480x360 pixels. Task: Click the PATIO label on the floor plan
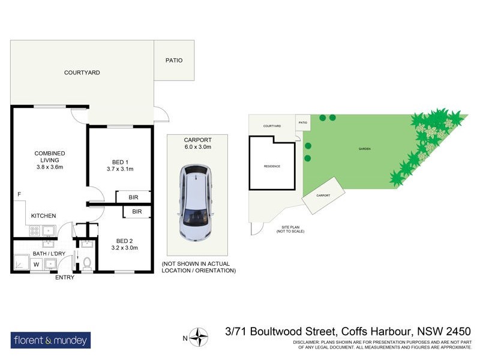coord(174,61)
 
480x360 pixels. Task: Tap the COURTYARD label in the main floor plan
coord(82,73)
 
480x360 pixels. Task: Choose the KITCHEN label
coord(43,216)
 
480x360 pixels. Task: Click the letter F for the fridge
coord(19,194)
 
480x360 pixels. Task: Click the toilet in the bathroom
coord(88,263)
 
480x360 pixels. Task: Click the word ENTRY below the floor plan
coord(65,277)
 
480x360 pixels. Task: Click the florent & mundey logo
coord(51,341)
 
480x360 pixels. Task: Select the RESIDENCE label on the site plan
coord(272,166)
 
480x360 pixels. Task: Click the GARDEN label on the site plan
coord(364,148)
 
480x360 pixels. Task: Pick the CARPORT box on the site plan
coord(323,195)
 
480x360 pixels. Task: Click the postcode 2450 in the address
coord(457,331)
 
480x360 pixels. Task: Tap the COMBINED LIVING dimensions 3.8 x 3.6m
coord(49,167)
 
